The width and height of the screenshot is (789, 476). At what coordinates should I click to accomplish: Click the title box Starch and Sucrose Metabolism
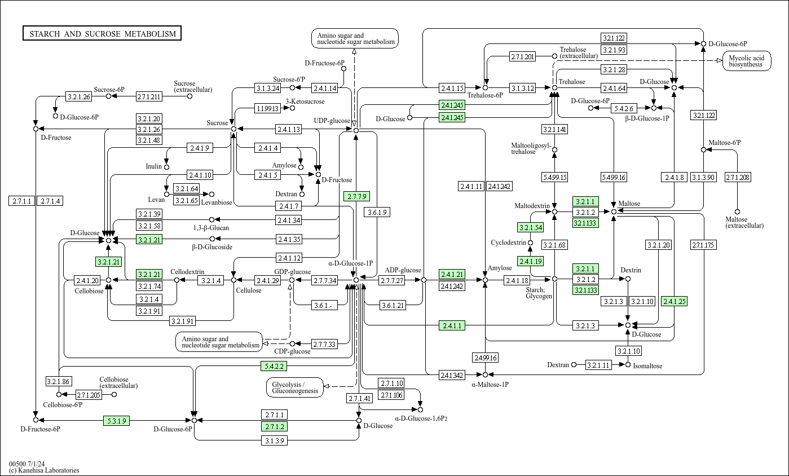click(102, 34)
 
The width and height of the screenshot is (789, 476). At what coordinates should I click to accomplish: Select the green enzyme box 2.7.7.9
click(356, 196)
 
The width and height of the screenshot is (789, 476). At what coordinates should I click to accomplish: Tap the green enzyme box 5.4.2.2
click(274, 366)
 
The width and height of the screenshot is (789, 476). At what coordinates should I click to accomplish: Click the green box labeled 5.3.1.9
click(117, 420)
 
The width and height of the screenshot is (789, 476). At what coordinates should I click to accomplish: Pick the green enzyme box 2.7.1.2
click(274, 426)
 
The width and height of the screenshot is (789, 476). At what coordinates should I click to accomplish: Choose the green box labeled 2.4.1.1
click(452, 325)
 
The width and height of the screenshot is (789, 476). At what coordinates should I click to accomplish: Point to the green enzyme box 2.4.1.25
click(675, 302)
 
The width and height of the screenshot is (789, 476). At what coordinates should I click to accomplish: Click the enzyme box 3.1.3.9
click(274, 440)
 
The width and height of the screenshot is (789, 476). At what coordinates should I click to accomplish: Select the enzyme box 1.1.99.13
click(267, 108)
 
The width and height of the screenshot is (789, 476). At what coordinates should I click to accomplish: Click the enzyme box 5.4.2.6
click(624, 108)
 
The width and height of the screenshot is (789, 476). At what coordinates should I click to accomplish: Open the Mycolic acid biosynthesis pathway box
click(746, 61)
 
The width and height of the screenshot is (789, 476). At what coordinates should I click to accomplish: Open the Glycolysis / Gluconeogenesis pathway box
click(295, 387)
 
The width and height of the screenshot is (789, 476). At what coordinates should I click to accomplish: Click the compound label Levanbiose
click(217, 202)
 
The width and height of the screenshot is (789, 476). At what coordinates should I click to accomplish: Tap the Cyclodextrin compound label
click(508, 243)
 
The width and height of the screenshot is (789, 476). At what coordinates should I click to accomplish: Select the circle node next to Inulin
click(166, 167)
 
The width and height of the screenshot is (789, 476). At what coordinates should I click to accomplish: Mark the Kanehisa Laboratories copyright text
click(44, 470)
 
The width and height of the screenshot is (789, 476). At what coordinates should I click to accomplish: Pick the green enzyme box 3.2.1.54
click(530, 228)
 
